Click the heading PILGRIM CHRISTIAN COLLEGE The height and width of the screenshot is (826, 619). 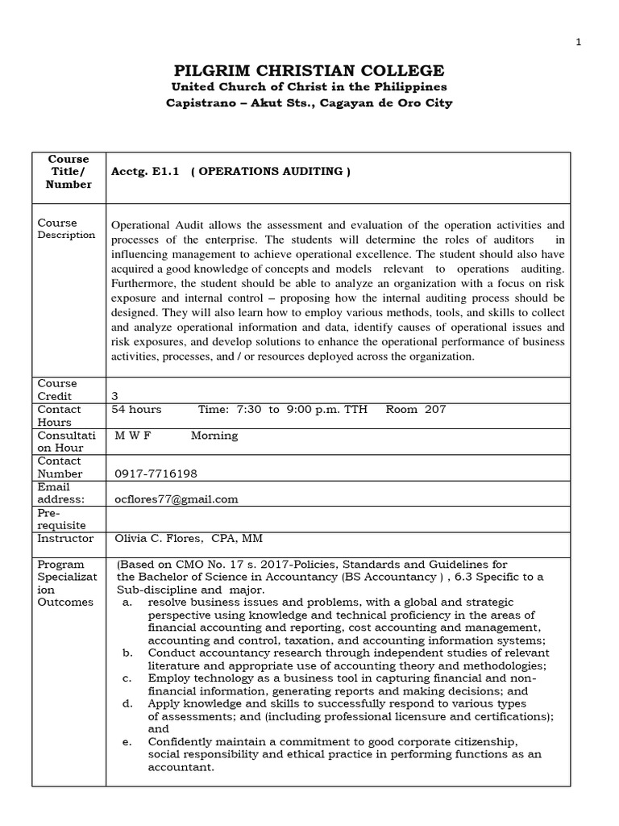pyautogui.click(x=309, y=71)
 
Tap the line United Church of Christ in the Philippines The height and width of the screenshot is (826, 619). pyautogui.click(x=309, y=87)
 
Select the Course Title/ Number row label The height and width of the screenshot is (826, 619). pyautogui.click(x=69, y=172)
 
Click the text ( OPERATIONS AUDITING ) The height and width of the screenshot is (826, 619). pyautogui.click(x=271, y=172)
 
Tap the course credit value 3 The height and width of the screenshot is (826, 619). pyautogui.click(x=114, y=397)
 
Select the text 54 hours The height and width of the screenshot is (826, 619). pyautogui.click(x=136, y=410)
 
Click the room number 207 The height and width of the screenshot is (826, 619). pyautogui.click(x=434, y=410)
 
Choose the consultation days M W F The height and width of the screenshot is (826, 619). pyautogui.click(x=133, y=436)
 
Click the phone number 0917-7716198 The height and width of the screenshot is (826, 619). pyautogui.click(x=156, y=474)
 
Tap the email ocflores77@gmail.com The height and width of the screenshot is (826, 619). pyautogui.click(x=177, y=499)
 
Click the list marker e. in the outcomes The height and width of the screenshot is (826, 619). pyautogui.click(x=127, y=742)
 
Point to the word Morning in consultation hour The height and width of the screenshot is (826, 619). pyautogui.click(x=214, y=436)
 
